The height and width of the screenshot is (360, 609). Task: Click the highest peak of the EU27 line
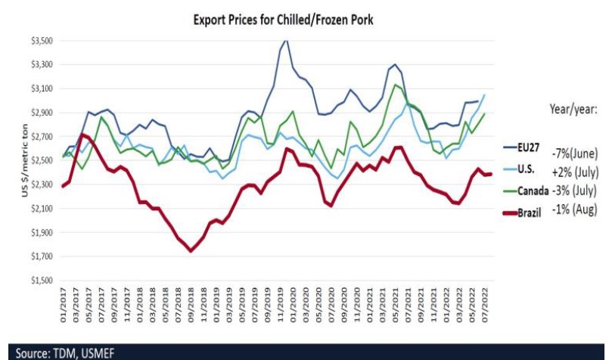pyautogui.click(x=284, y=41)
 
